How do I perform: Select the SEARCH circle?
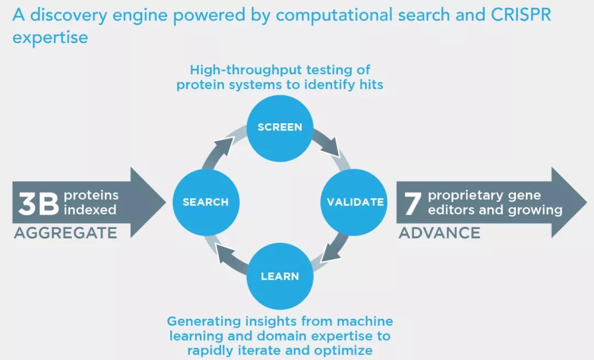click(x=205, y=202)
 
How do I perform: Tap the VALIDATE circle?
click(x=355, y=202)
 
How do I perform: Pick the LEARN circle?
click(x=280, y=276)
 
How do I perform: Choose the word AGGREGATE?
click(x=65, y=233)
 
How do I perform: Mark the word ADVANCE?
click(x=439, y=233)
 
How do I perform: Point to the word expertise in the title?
click(x=50, y=37)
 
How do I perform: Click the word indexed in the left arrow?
click(x=90, y=210)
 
